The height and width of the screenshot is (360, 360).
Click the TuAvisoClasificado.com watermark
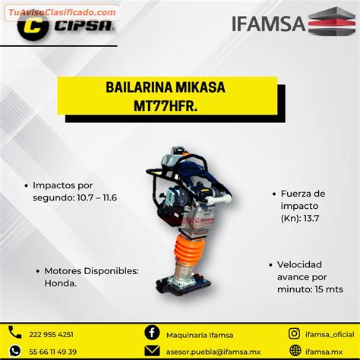pyautogui.click(x=62, y=12)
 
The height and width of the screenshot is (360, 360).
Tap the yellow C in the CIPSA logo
pyautogui.click(x=33, y=27)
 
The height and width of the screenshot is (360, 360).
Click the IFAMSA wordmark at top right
pyautogui.click(x=269, y=24)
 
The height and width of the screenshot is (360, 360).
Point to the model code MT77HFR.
pyautogui.click(x=166, y=106)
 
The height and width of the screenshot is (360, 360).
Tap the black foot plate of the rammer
pyautogui.click(x=183, y=286)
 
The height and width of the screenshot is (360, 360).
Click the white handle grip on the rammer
pyautogui.click(x=219, y=199)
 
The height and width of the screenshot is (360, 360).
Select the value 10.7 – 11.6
pyautogui.click(x=96, y=197)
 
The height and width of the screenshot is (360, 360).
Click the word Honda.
pyautogui.click(x=61, y=283)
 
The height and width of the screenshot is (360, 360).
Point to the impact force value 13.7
pyautogui.click(x=311, y=218)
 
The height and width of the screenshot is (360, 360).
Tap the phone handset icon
pyautogui.click(x=15, y=332)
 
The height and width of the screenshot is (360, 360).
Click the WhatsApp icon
pyautogui.click(x=15, y=351)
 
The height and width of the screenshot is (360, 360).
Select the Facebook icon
pyautogui.click(x=152, y=333)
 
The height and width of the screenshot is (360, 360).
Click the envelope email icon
pyautogui.click(x=152, y=351)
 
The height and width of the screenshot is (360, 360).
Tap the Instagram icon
pyautogui.click(x=295, y=333)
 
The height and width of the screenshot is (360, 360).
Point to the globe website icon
pyautogui.click(x=295, y=351)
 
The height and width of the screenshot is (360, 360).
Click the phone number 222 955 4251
pyautogui.click(x=51, y=335)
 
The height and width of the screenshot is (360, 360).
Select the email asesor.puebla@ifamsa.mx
pyautogui.click(x=213, y=352)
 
